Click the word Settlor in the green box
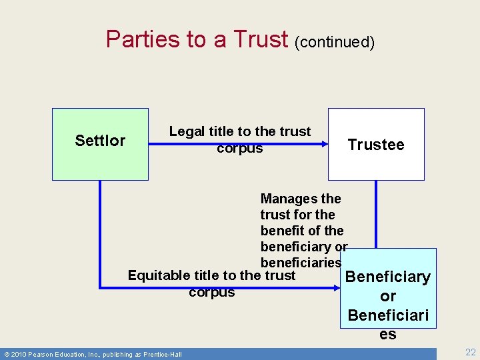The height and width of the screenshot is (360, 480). coord(100,141)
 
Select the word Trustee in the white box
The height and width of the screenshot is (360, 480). coord(376,145)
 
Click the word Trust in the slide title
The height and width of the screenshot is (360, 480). coord(261,39)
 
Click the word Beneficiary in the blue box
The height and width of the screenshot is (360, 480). coord(388,277)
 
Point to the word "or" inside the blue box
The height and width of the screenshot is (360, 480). coord(388,296)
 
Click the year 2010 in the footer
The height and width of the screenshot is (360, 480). coord(19,354)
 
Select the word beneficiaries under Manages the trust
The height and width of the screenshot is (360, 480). coord(300,263)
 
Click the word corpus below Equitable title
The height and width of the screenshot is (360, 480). coord(211,292)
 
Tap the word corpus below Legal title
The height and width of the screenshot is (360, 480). coord(240,148)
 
